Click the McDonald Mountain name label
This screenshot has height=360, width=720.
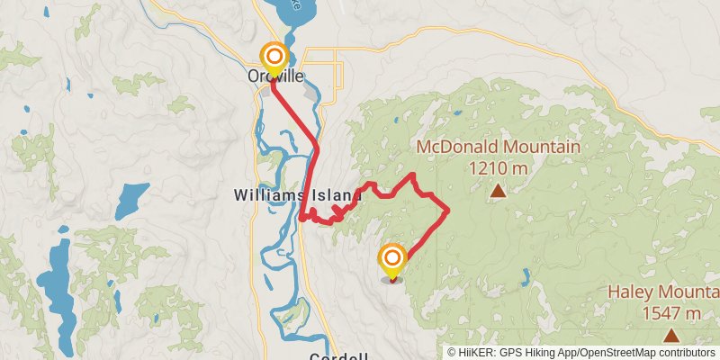[x=498, y=147]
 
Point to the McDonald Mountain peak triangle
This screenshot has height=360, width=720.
[x=498, y=190]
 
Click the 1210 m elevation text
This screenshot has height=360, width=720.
[x=498, y=167]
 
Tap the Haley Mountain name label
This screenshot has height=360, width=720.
[x=664, y=292]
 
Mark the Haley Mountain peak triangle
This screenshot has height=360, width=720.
[x=670, y=336]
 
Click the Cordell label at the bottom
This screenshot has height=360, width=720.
[x=340, y=355]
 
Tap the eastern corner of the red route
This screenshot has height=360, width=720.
[x=447, y=210]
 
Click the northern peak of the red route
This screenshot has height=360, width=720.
[x=412, y=174]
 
